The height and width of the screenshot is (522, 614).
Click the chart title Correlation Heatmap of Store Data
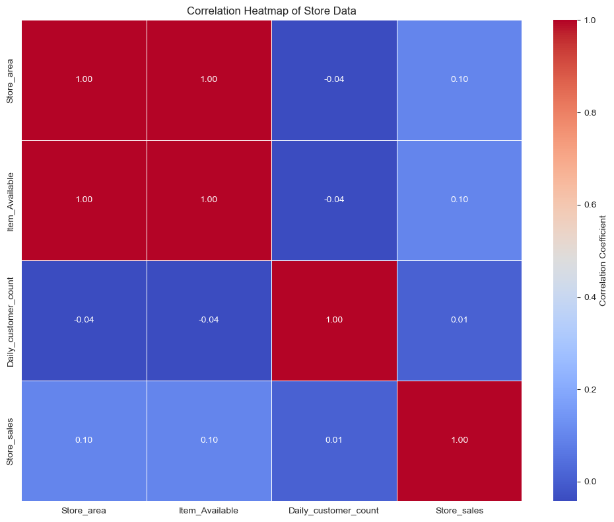(x=271, y=11)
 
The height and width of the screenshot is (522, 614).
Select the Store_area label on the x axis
(x=84, y=511)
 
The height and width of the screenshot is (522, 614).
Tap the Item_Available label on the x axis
(x=209, y=511)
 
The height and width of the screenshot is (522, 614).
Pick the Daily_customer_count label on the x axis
(x=333, y=511)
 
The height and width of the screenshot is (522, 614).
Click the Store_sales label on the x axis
(x=459, y=511)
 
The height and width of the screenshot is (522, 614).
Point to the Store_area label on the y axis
(x=10, y=80)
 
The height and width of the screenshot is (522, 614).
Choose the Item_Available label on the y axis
(x=10, y=200)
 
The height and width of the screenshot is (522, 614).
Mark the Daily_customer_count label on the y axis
(x=10, y=320)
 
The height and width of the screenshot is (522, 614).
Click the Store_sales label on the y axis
(x=10, y=441)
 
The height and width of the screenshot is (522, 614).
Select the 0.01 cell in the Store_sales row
(x=334, y=441)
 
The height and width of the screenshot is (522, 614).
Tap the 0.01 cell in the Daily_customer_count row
(x=459, y=320)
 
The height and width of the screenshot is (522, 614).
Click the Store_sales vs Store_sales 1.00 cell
(x=459, y=441)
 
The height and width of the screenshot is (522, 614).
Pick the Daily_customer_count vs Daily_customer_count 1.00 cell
(x=334, y=320)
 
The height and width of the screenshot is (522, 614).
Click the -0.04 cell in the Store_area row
(x=334, y=80)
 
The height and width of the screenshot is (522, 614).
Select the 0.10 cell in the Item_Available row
(x=459, y=200)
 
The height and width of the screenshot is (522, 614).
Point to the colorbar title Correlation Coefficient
(x=602, y=260)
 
